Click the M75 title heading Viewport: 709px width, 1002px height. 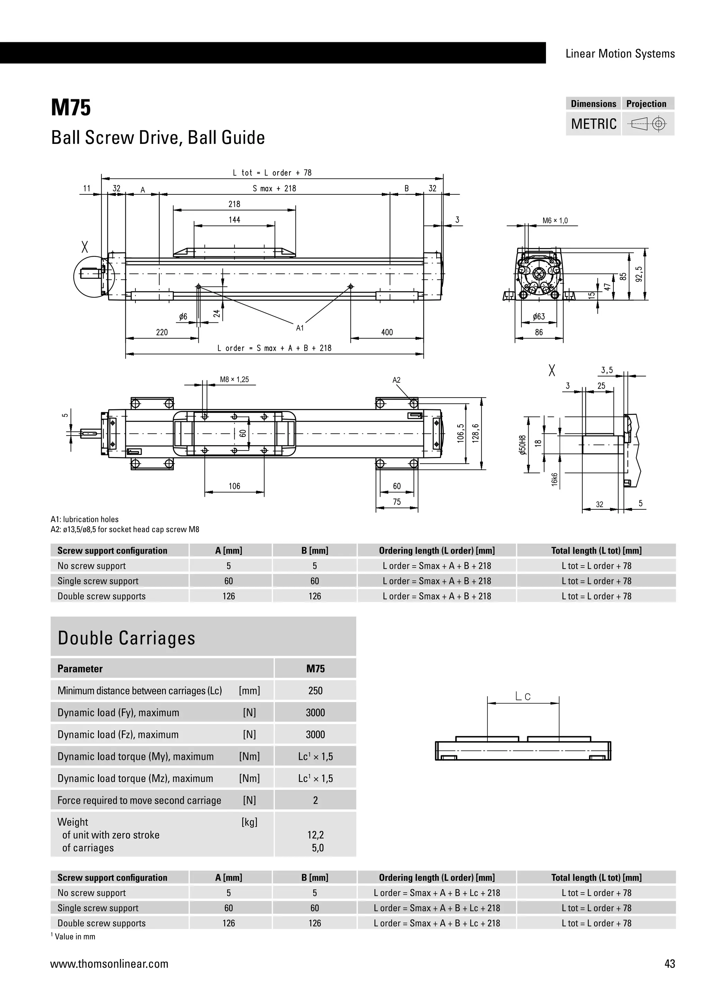(x=71, y=108)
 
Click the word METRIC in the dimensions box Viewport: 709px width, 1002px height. (x=593, y=124)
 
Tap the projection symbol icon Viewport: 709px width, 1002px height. (x=648, y=124)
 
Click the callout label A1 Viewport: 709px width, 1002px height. (x=300, y=328)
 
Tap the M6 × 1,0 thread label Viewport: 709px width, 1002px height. (x=555, y=221)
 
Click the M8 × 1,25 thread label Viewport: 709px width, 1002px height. (x=234, y=380)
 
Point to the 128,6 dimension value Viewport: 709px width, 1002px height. (x=476, y=433)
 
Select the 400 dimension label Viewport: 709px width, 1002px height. (x=387, y=333)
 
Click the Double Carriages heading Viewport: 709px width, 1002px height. (x=127, y=638)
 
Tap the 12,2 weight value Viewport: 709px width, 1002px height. (x=316, y=835)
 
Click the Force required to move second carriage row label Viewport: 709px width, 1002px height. (x=139, y=800)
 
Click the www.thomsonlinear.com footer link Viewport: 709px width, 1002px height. (x=109, y=964)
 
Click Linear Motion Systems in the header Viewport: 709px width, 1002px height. (x=620, y=54)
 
